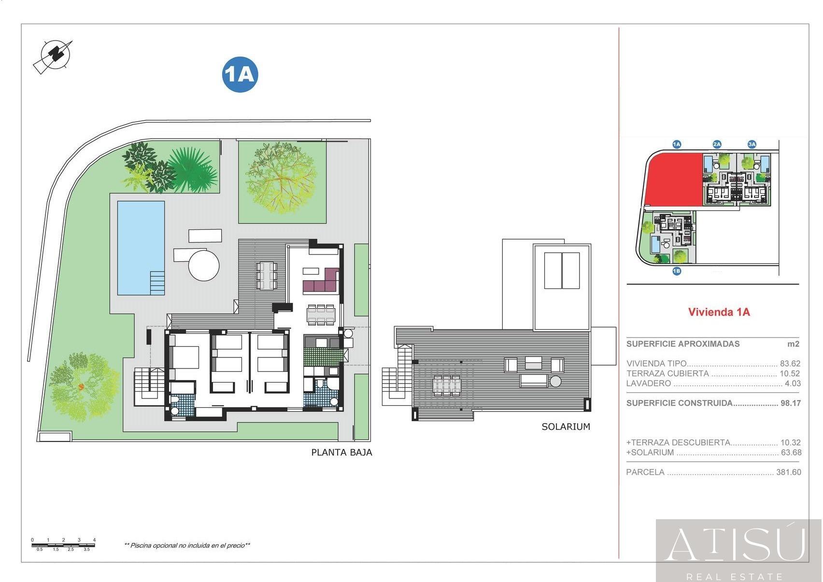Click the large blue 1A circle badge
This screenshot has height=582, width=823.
[x=240, y=75]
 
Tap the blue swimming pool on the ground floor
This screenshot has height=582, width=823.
[x=141, y=247]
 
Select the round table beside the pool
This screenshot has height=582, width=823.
[x=204, y=265]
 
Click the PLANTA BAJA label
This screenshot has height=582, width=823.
[x=341, y=453]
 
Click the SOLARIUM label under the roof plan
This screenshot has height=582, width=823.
[x=566, y=426]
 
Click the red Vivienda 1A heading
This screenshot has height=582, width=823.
[x=719, y=312]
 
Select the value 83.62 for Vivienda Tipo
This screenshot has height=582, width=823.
[x=790, y=364]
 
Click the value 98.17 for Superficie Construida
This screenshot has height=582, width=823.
[x=790, y=403]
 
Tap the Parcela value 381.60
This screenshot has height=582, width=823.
[x=788, y=472]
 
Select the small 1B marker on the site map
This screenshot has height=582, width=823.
[x=677, y=271]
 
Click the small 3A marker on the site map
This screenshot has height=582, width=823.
[x=752, y=144]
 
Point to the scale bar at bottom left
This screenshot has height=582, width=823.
[x=63, y=545]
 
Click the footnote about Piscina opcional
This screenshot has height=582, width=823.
[x=187, y=545]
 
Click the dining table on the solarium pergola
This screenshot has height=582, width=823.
[x=446, y=385]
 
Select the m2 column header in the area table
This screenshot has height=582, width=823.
[x=793, y=344]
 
